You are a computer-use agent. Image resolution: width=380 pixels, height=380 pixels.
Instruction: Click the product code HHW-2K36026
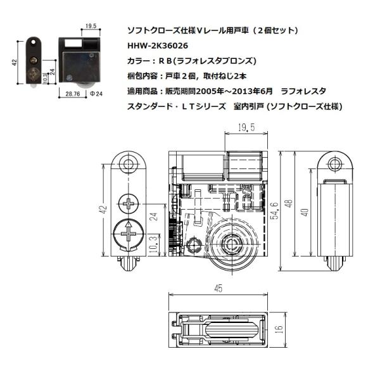point(157,46)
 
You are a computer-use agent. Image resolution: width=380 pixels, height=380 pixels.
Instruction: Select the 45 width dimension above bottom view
point(218,289)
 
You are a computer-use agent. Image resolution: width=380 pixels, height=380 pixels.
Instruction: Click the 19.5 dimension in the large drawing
point(244,128)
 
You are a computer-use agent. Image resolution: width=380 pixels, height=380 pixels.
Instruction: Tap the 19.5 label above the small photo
point(89,27)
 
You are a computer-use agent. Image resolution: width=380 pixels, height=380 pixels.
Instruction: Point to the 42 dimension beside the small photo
point(14,61)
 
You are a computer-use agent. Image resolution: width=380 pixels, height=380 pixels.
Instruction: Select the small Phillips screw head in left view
point(129,204)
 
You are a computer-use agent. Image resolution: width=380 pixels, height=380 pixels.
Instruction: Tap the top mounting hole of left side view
point(129,165)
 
